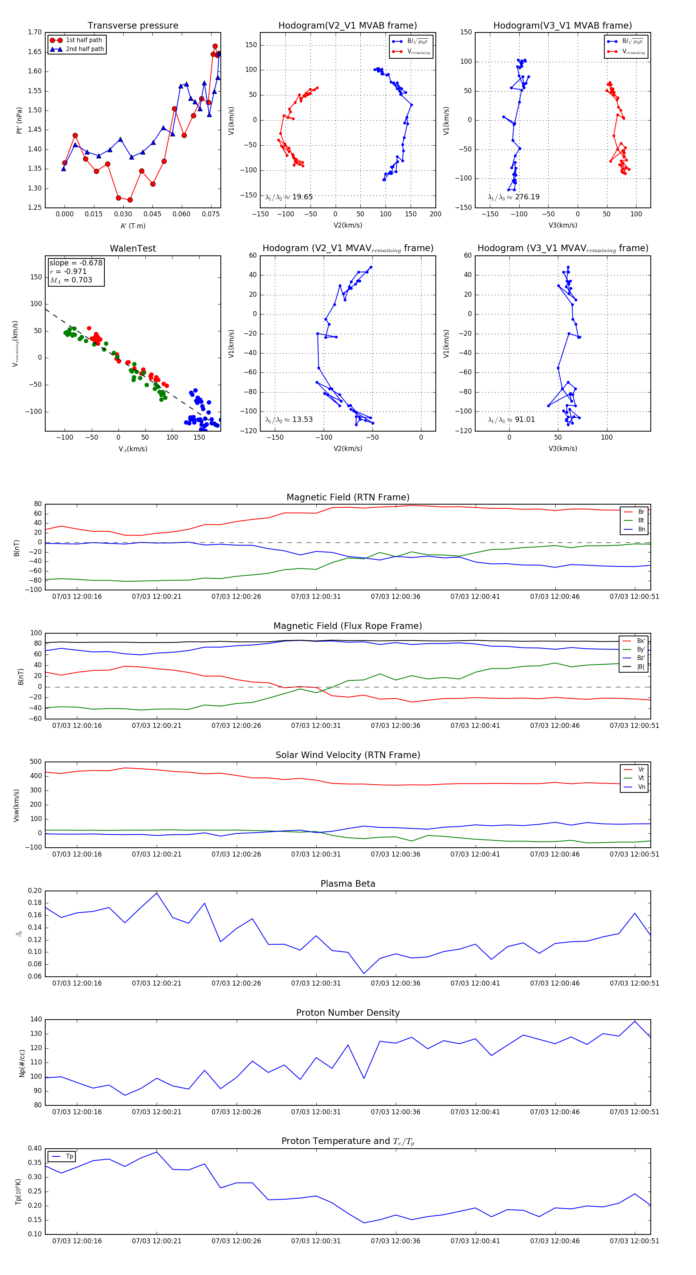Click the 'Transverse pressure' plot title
133,26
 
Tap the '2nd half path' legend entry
85,49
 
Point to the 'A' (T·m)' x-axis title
133,226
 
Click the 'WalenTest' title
133,248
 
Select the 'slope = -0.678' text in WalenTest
76,263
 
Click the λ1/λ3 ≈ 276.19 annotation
514,197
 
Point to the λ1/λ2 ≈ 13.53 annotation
289,420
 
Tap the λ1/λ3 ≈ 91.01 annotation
511,420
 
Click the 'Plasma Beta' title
348,884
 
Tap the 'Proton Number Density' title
348,1013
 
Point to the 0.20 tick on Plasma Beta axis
35,891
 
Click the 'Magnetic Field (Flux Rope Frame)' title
348,626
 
